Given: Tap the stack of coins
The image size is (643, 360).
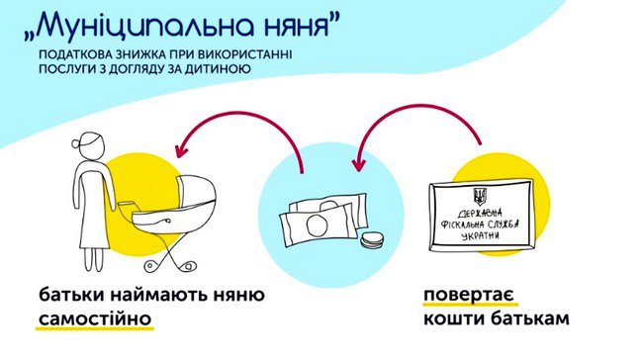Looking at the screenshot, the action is [372, 240].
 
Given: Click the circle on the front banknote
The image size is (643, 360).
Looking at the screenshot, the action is [317, 225].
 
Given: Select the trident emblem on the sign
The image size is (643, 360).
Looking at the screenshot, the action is [479, 197].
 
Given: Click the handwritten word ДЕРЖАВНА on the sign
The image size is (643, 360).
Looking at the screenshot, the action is [480, 214].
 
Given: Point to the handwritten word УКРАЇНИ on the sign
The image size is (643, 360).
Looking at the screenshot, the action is [481, 236].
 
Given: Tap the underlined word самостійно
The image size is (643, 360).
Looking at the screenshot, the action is [95, 319].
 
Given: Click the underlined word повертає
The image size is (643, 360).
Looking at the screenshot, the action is [470, 295].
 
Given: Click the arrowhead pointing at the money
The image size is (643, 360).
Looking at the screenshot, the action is [359, 164].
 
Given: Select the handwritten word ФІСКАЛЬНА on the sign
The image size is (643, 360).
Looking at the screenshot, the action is [461, 225].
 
